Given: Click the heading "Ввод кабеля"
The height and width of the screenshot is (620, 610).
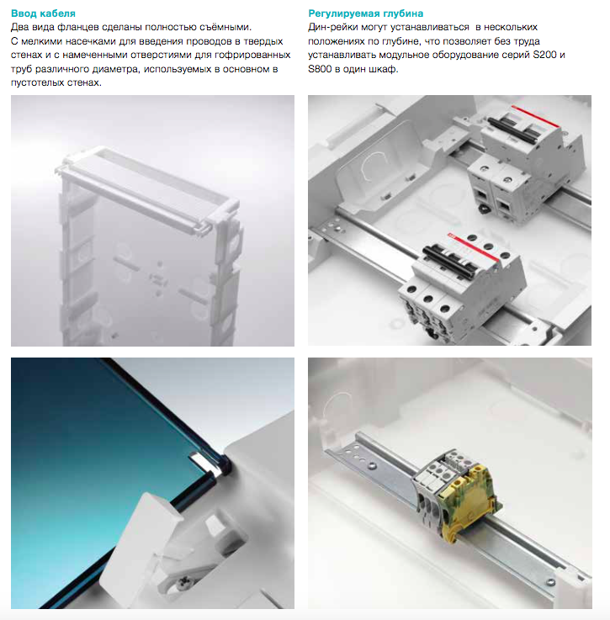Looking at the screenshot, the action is click(x=43, y=13).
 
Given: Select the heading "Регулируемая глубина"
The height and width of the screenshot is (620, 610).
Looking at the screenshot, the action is click(x=365, y=13).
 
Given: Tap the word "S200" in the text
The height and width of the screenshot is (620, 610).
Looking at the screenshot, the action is click(x=544, y=55).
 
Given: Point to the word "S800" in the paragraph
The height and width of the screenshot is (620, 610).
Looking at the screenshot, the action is click(x=320, y=69).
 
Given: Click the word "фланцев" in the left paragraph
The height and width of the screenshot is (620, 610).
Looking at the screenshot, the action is click(x=77, y=27).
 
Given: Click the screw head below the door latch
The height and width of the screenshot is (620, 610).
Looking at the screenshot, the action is click(x=183, y=581).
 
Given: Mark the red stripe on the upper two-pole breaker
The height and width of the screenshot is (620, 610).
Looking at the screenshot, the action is click(x=535, y=116).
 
